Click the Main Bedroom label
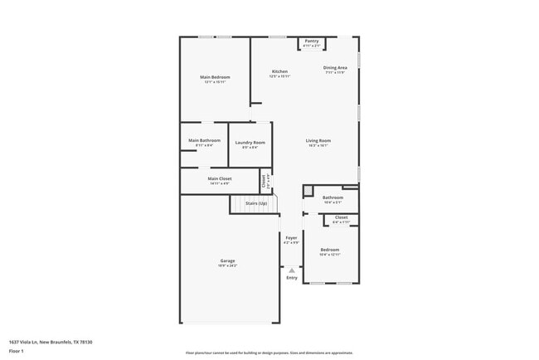[215, 77]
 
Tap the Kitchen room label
[279, 71]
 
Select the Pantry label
[312, 41]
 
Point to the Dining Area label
[335, 67]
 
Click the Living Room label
[318, 140]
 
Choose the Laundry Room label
[250, 143]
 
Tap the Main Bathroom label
[204, 140]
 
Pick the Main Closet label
[220, 178]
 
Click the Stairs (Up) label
[255, 203]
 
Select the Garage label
[227, 260]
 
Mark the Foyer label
[291, 237]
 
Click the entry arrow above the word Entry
[291, 269]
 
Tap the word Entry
[292, 277]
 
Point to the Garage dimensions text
[227, 266]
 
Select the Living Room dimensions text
[318, 145]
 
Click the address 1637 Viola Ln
[51, 342]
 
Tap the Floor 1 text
[17, 351]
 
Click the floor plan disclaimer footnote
[269, 353]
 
